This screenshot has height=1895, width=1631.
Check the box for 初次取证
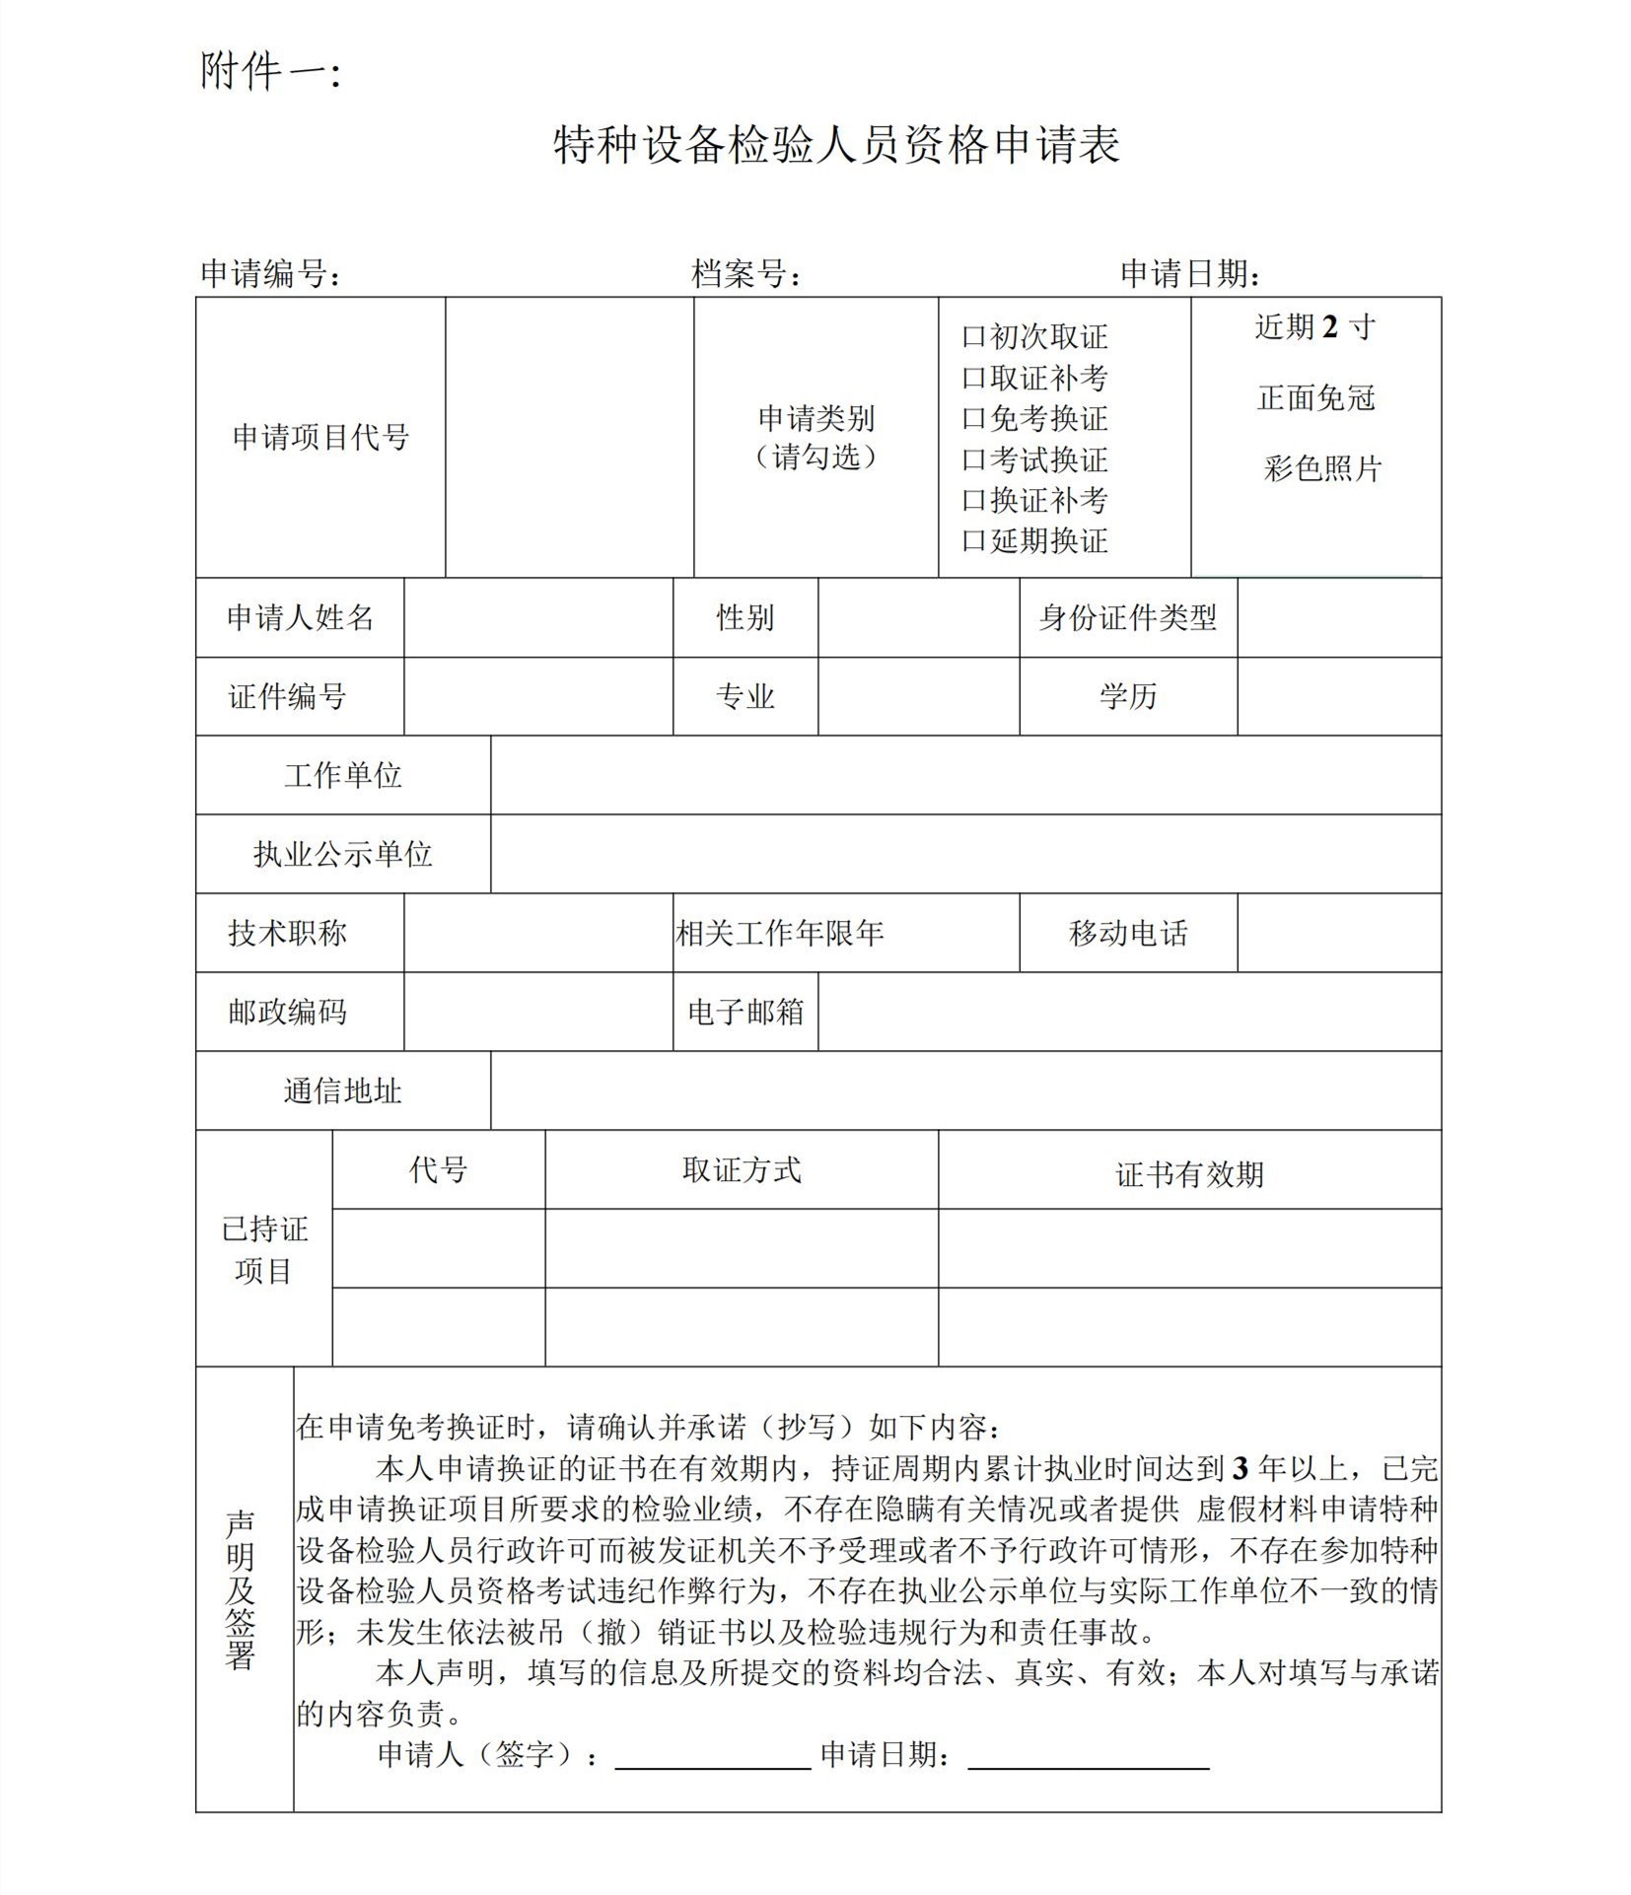click(x=973, y=338)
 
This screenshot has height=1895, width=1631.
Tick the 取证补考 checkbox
click(x=973, y=379)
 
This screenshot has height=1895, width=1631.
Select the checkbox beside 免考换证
click(x=973, y=420)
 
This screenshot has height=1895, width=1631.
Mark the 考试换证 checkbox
click(x=973, y=460)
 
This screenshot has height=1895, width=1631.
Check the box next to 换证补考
click(x=973, y=501)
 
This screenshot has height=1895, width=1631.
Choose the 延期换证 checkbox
click(x=973, y=541)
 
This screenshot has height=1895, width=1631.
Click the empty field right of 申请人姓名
click(x=537, y=618)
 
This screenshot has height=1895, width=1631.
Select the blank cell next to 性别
click(x=918, y=618)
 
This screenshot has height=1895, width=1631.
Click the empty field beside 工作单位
click(x=964, y=775)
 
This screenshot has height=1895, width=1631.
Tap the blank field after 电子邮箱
click(x=1128, y=1012)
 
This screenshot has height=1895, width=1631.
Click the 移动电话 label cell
click(x=1127, y=933)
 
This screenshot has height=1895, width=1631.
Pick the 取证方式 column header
click(x=741, y=1170)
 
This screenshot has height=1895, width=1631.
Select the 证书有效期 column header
click(x=1188, y=1174)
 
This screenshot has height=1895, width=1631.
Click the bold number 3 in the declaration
click(x=1240, y=1470)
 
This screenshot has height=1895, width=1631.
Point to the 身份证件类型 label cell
click(x=1127, y=618)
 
